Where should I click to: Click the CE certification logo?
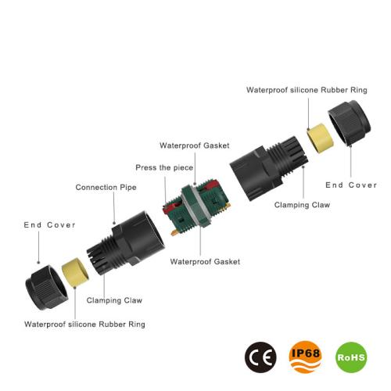[x=260, y=357]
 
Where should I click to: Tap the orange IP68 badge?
[x=305, y=357]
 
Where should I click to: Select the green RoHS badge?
[x=351, y=357]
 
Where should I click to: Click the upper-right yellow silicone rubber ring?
[x=320, y=138]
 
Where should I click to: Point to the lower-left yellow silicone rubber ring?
[x=75, y=272]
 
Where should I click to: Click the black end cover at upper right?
[x=350, y=123]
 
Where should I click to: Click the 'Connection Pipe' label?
[x=106, y=188]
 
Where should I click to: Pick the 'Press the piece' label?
[x=164, y=167]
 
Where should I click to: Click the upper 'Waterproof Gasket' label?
[x=195, y=145]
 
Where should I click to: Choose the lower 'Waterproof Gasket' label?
[x=205, y=262]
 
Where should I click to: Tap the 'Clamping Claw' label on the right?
[x=302, y=205]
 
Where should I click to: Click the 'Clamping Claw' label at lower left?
[x=114, y=300]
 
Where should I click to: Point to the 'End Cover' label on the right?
[x=351, y=185]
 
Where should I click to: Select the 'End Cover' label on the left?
[x=49, y=225]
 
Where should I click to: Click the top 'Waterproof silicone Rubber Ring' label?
[x=307, y=90]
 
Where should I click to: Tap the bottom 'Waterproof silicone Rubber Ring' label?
[x=84, y=325]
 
